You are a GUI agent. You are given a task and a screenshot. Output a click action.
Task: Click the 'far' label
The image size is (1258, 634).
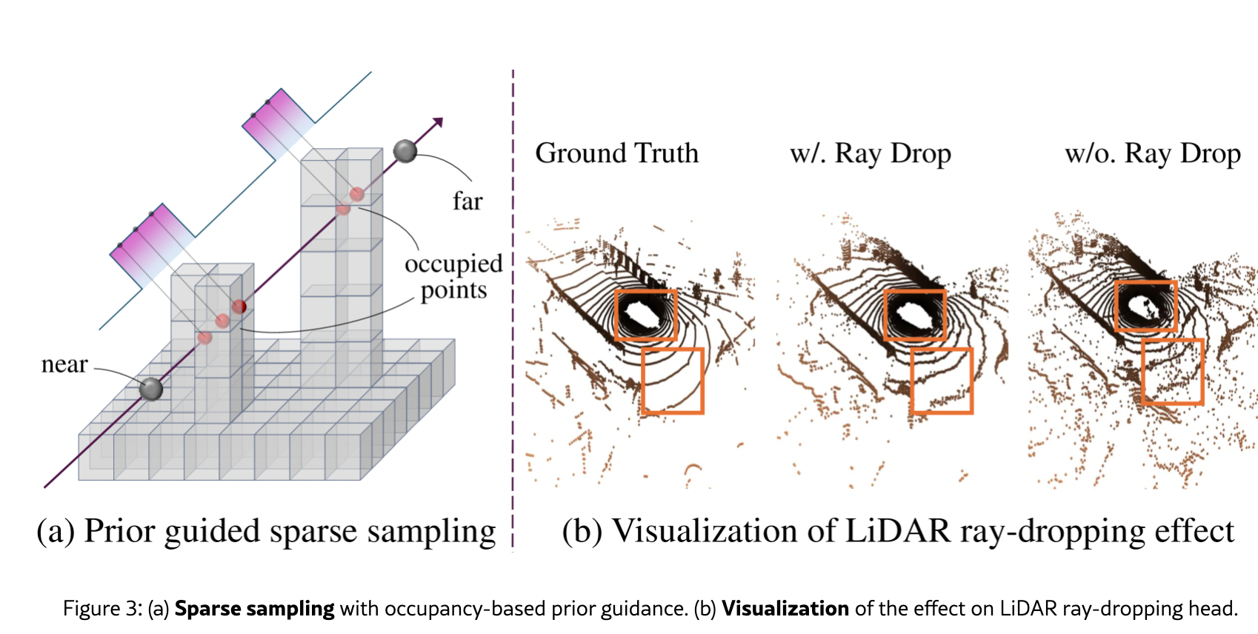pyautogui.click(x=467, y=201)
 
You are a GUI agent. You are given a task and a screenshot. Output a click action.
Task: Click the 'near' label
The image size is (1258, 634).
pyautogui.click(x=64, y=364)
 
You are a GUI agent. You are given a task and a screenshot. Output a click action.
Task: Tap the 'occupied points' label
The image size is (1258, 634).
pyautogui.click(x=453, y=277)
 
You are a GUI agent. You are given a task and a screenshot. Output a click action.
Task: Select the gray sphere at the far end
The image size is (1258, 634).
pyautogui.click(x=405, y=151)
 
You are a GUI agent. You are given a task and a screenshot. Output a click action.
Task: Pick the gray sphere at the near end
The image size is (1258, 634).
pyautogui.click(x=151, y=389)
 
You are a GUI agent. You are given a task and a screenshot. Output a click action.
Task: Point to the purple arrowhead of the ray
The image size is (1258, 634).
pyautogui.click(x=438, y=122)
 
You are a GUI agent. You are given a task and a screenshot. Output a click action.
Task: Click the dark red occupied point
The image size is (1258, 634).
pyautogui.click(x=239, y=306)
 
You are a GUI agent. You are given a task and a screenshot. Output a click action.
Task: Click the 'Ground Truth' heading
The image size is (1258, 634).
pyautogui.click(x=616, y=153)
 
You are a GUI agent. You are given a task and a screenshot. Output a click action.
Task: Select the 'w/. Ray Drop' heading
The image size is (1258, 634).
pyautogui.click(x=870, y=153)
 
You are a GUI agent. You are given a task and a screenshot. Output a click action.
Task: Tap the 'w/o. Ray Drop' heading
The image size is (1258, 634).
pyautogui.click(x=1152, y=153)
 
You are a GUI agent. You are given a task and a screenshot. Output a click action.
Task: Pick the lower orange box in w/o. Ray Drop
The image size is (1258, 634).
pyautogui.click(x=1172, y=371)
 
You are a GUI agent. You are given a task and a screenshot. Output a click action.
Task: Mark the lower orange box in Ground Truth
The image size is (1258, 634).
pyautogui.click(x=672, y=380)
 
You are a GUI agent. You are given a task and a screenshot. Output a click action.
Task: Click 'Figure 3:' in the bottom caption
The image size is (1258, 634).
pyautogui.click(x=102, y=609)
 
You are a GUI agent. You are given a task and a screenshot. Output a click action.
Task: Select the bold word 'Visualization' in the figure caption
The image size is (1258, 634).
pyautogui.click(x=785, y=609)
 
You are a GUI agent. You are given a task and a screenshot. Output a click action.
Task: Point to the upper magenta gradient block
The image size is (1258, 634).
pyautogui.click(x=279, y=122)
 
